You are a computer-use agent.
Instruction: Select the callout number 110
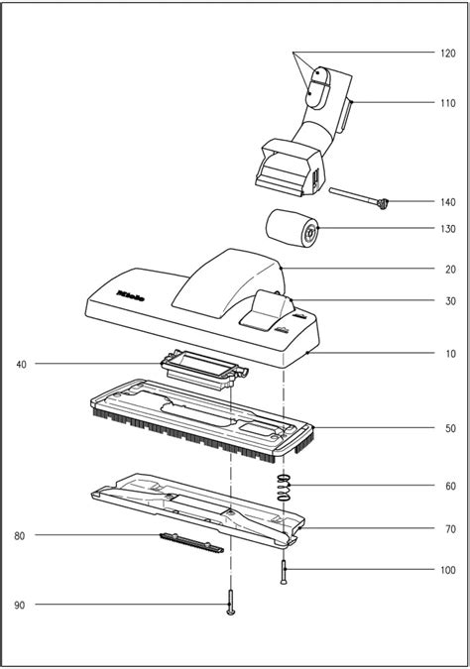click(449, 102)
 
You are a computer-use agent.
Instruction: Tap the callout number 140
click(449, 201)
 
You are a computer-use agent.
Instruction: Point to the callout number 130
click(449, 229)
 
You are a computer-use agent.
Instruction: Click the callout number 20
click(449, 269)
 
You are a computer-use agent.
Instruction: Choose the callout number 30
click(449, 302)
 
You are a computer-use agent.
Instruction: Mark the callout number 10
click(449, 354)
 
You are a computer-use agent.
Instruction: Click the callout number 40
click(21, 365)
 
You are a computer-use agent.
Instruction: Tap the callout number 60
click(449, 487)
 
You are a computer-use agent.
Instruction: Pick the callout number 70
click(449, 528)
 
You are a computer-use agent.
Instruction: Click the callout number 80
click(21, 536)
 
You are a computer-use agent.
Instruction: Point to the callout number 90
click(21, 605)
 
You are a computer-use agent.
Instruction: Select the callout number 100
click(449, 571)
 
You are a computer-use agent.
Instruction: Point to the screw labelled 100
click(286, 573)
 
